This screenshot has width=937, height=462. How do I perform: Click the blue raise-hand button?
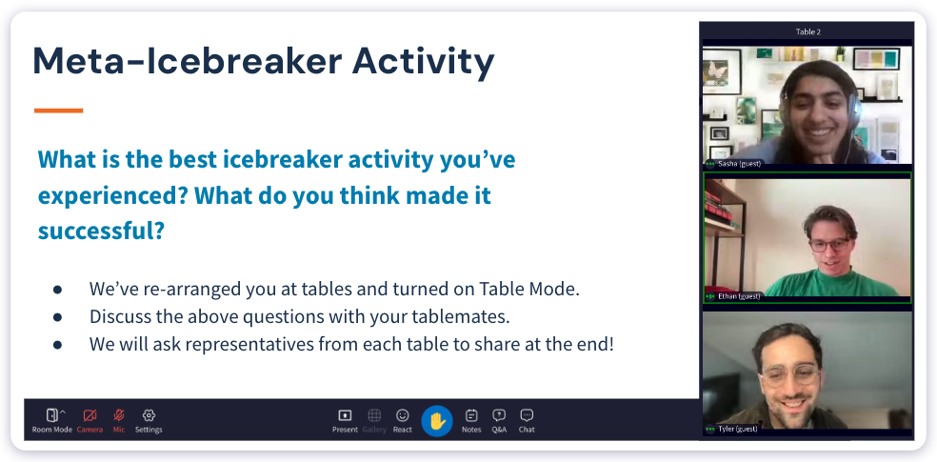pos(437,420)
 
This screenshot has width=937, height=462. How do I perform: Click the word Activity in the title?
pos(424,62)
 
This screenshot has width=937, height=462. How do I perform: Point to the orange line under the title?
pos(59,110)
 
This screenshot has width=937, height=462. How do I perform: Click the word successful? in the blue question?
pos(101,231)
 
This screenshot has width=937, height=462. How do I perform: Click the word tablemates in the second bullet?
pos(420,316)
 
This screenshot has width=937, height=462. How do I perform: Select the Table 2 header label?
pos(807,31)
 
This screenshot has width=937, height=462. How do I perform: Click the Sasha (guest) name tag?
pos(739,164)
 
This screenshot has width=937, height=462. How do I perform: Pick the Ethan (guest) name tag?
pos(739,297)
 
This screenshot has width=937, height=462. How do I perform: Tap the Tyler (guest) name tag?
pos(738,429)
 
